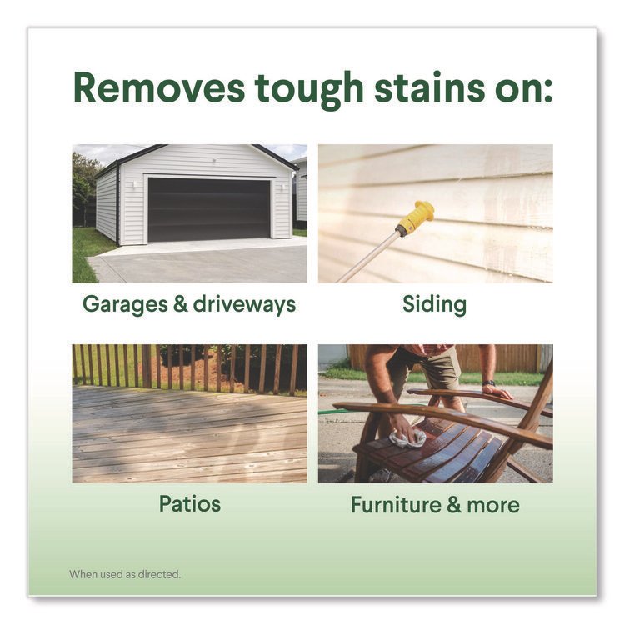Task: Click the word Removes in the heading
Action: coord(159,88)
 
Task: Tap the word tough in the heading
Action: coord(309,91)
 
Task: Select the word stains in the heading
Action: coord(430,87)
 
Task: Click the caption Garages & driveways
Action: coord(189,305)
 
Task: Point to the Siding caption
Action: coord(434,304)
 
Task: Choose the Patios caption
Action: coord(190,503)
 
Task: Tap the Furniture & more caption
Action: coord(435,505)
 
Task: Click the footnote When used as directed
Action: coord(125,574)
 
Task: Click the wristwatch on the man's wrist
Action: coord(489,383)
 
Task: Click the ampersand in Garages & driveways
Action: coord(180,304)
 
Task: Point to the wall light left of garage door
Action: coord(135,184)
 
